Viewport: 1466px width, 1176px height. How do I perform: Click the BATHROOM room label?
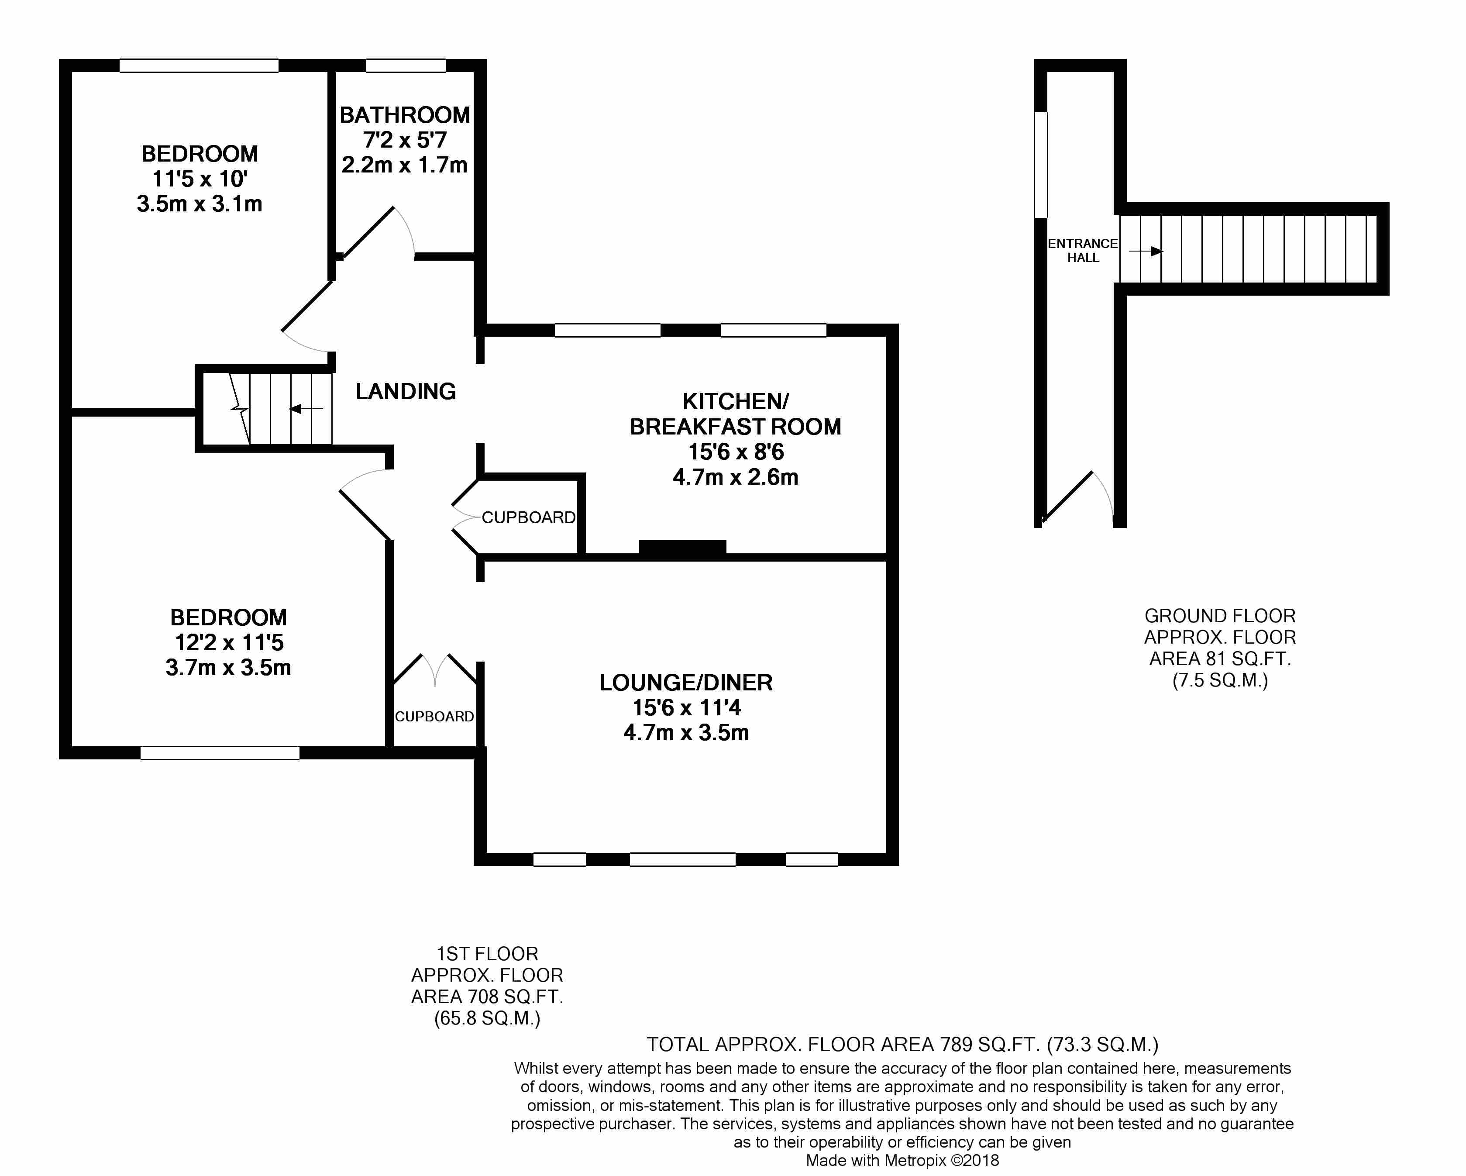point(405,115)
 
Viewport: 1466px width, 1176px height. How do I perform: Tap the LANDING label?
point(406,391)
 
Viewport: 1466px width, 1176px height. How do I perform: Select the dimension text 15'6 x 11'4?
point(686,707)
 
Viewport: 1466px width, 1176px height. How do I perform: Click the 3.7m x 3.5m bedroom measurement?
point(228,667)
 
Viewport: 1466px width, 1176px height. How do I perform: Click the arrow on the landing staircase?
point(305,409)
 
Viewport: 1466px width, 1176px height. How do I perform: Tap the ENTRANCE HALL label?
point(1083,250)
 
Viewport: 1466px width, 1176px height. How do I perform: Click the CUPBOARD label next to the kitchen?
point(528,517)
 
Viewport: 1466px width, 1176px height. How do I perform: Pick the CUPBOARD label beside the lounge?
point(434,716)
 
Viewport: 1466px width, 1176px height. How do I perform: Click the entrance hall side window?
point(1040,165)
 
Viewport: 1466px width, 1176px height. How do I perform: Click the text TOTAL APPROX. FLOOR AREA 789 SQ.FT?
point(843,1044)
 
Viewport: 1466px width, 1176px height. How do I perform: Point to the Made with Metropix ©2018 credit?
point(902,1160)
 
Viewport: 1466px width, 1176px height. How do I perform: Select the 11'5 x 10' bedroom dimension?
point(199,179)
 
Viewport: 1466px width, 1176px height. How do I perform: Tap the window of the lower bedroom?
point(220,753)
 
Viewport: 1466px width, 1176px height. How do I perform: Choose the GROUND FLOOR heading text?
point(1220,616)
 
